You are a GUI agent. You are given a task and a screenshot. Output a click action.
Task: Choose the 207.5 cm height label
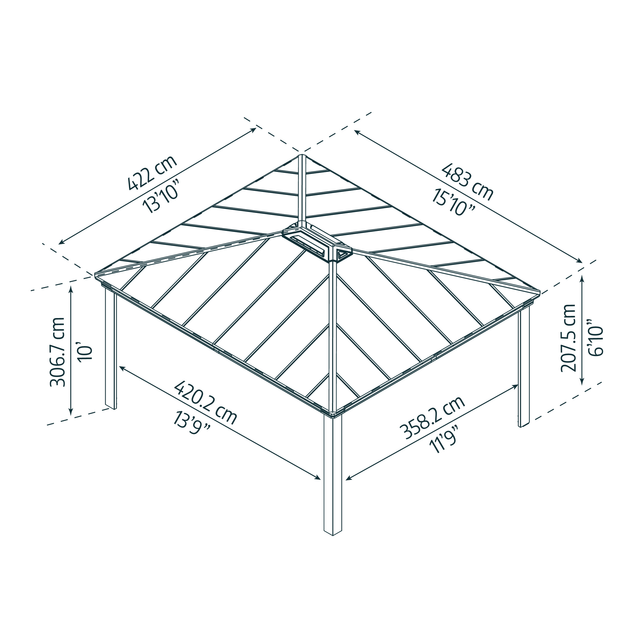[568, 338]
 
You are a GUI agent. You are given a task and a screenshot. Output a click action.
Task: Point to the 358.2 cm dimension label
[434, 418]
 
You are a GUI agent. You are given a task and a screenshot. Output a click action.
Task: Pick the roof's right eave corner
[539, 291]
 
